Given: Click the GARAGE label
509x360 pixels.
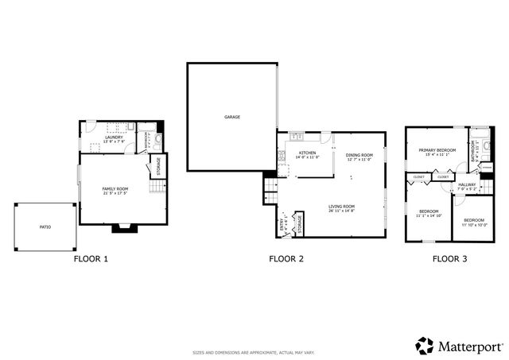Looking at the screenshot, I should coord(231,117).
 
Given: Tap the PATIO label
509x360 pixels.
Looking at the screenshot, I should coord(45,227).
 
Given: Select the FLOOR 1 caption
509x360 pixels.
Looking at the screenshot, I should coord(91,258).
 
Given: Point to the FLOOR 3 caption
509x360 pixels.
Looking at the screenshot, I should coord(449,258).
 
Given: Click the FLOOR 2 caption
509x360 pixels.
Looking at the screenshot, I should coord(286,258).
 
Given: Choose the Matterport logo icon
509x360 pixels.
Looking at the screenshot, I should coord(425,345).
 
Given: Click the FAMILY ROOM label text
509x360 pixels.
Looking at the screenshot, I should coord(115,188).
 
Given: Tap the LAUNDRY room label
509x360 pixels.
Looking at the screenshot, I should coord(113,137).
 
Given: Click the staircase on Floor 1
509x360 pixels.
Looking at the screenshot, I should coord(157,188).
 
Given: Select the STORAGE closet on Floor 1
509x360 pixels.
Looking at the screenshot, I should coord(158,165).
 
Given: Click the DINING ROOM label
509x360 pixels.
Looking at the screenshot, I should coord(359,155).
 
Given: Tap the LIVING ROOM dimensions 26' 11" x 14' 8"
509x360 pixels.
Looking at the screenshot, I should coord(342,211).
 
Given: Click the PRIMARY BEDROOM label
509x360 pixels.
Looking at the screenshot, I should coord(437,149).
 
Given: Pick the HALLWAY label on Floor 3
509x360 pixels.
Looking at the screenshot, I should coord(467,184).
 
